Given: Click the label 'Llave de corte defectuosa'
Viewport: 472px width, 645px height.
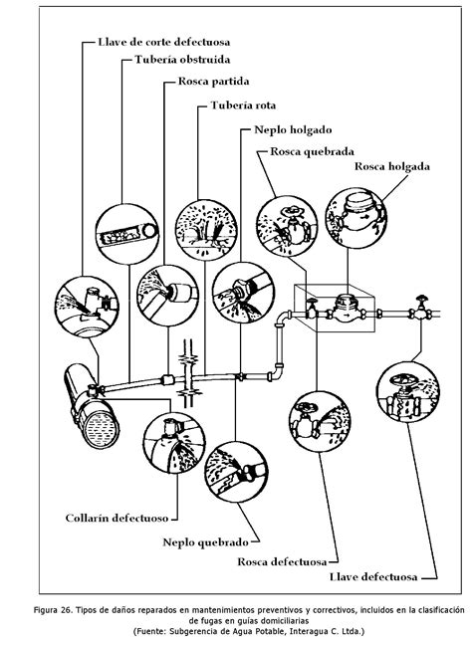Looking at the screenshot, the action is pos(163,42).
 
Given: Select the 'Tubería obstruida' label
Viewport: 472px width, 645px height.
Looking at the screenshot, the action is pos(182,60).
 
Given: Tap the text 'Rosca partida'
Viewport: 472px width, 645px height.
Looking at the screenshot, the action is pos(213,82).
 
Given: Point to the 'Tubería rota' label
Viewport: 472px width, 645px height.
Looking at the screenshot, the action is pos(243,106).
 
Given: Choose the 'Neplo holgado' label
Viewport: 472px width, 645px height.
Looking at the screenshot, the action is pos(293,130).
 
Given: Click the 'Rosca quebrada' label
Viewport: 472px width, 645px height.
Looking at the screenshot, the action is pos(312,151).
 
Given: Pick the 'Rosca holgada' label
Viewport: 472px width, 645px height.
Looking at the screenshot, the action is pos(392,166).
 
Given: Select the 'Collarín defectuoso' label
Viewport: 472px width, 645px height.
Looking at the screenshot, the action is pos(117,518).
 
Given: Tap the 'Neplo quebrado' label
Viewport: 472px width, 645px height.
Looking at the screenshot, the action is pos(206,542).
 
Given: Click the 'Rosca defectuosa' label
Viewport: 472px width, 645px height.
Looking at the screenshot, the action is pos(282,562).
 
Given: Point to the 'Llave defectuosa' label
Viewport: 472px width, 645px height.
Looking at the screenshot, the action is pos(373,577).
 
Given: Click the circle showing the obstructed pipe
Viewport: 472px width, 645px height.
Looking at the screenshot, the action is pos(127,234).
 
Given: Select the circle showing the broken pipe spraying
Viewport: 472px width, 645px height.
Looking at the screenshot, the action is pos(206,230).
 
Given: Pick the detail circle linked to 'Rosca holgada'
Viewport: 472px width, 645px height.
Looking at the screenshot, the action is pos(356,218).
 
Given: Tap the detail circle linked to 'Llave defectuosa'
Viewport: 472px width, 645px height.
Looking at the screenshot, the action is pos(408,392).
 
